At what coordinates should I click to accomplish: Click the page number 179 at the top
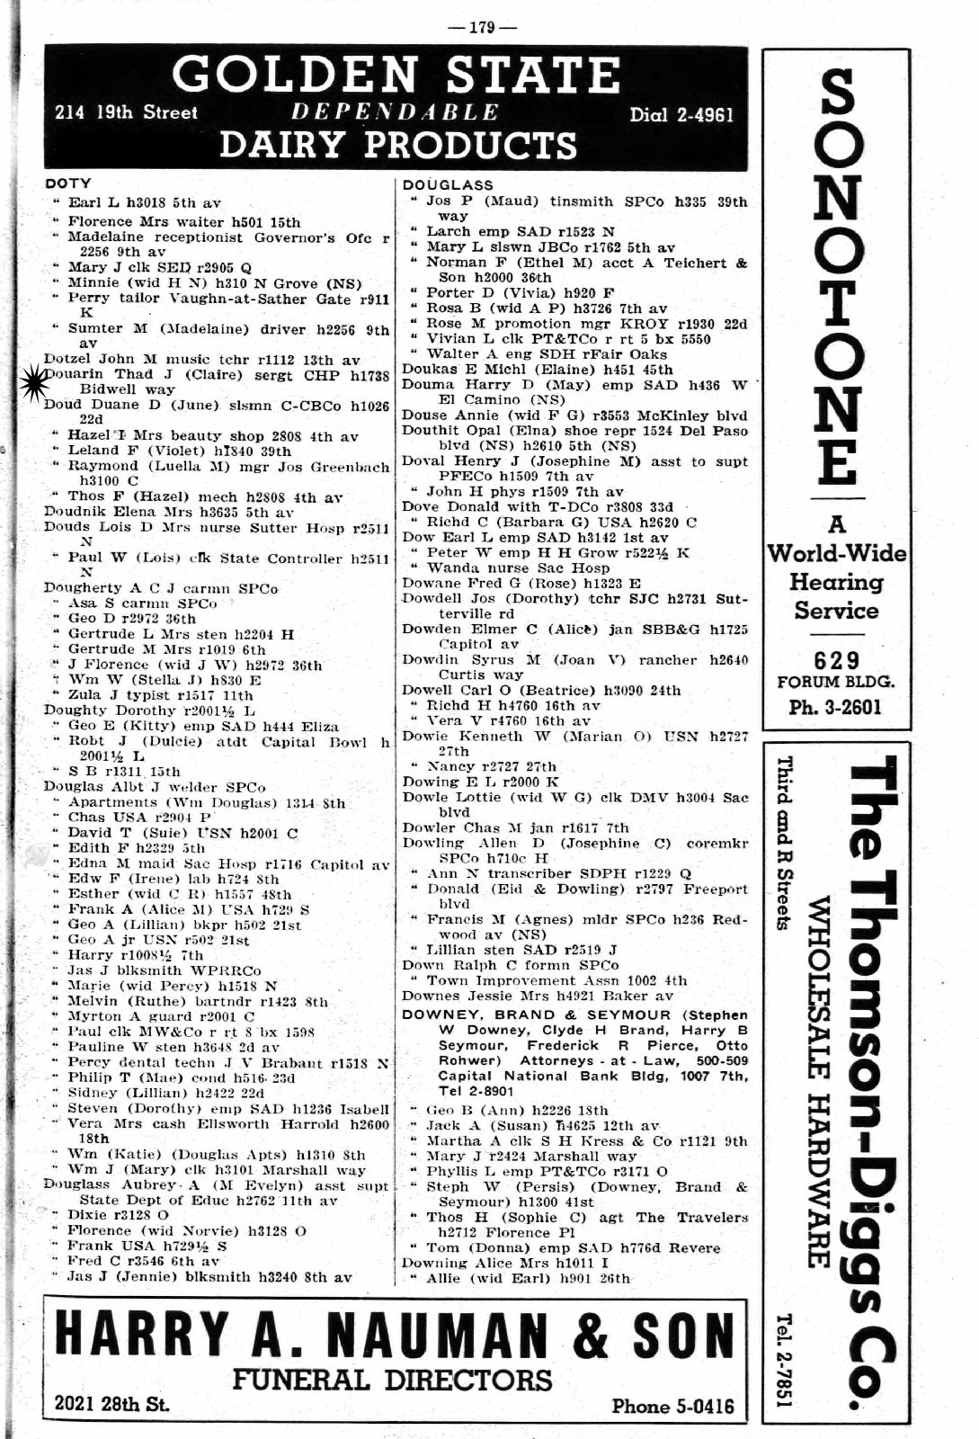[x=482, y=27]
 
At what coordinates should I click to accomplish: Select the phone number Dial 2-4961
[x=681, y=114]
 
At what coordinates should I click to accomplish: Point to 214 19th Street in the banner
[x=126, y=113]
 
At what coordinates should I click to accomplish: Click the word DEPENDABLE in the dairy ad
[x=396, y=112]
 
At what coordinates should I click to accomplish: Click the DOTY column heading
[x=67, y=184]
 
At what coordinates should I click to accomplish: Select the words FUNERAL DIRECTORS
[x=393, y=1380]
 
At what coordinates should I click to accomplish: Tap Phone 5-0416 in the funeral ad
[x=672, y=1406]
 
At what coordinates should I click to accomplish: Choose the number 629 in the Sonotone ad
[x=836, y=662]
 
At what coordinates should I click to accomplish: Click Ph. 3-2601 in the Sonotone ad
[x=836, y=707]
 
